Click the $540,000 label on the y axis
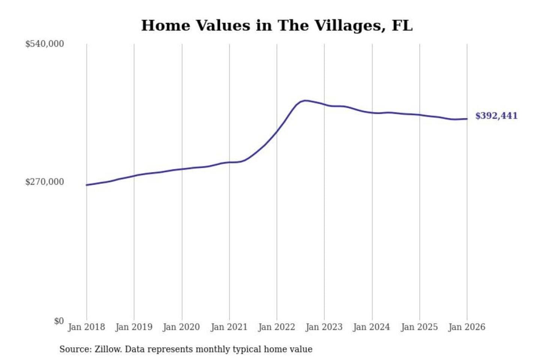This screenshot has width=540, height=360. click(45, 44)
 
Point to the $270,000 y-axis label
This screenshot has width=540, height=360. click(45, 182)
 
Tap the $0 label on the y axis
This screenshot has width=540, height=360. click(59, 321)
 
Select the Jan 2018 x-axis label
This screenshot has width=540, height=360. click(86, 327)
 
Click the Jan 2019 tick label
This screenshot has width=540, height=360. click(134, 327)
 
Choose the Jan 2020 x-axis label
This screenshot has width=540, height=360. click(181, 327)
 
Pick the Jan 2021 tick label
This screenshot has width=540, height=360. click(229, 327)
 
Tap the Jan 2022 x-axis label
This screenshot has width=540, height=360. click(277, 327)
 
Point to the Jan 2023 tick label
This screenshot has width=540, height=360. click(324, 327)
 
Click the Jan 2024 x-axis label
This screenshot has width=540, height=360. click(372, 327)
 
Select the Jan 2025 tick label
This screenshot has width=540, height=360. click(419, 327)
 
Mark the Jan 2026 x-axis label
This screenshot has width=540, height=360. click(467, 327)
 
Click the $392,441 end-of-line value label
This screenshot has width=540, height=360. click(496, 116)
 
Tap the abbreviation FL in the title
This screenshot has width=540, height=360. click(402, 25)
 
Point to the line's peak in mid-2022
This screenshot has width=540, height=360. click(306, 100)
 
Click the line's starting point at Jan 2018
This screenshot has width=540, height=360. click(87, 185)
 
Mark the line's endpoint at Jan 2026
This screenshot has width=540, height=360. click(467, 119)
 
